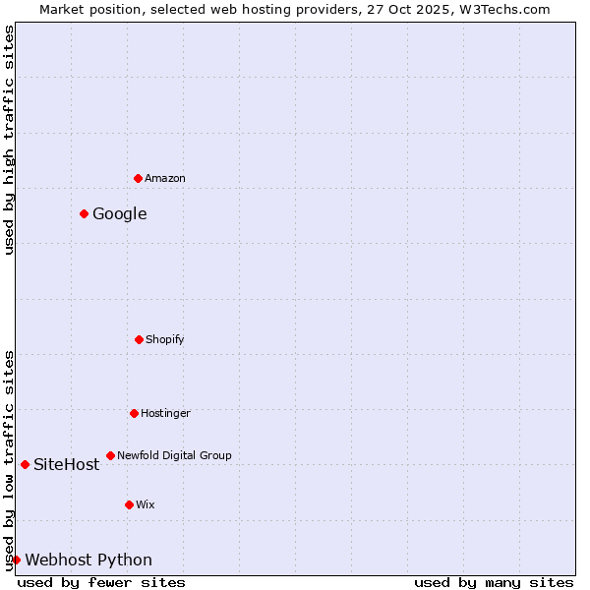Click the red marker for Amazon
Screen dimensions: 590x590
point(138,178)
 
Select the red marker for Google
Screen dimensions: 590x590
point(84,213)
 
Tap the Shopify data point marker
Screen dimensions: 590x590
point(139,339)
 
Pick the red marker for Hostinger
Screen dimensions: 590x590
point(134,413)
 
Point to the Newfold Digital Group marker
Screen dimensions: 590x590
point(110,455)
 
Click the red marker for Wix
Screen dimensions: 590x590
point(129,504)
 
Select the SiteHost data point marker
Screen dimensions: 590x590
point(25,464)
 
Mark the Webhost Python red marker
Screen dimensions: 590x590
point(16,560)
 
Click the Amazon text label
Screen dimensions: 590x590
point(165,178)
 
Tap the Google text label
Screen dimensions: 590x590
point(120,213)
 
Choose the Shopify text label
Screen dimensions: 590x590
point(165,339)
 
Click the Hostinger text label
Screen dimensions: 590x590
point(165,413)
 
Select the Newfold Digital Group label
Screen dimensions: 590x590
point(174,455)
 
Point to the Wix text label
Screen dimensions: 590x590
point(146,504)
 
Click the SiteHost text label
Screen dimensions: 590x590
point(67,464)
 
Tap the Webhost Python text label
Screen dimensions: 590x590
point(88,560)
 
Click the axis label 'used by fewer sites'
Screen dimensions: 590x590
point(101,582)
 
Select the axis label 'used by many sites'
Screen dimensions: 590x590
point(494,582)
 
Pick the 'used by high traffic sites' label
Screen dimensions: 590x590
point(9,140)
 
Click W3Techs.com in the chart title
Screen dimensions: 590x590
point(502,9)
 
